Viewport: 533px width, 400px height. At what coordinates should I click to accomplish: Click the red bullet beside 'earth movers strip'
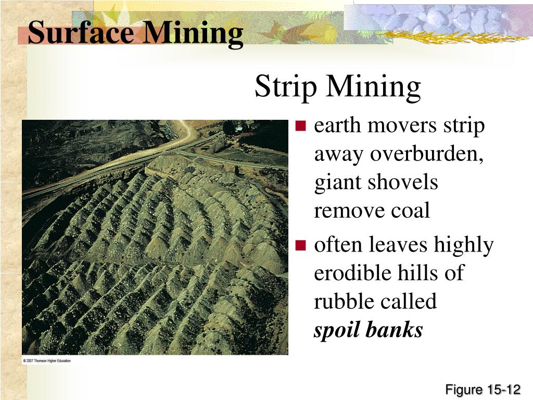tap(301, 126)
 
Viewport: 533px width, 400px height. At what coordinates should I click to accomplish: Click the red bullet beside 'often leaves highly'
tap(301, 245)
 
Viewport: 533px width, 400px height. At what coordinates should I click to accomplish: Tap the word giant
tap(339, 183)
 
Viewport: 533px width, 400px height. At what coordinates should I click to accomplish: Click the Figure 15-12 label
tap(483, 390)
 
